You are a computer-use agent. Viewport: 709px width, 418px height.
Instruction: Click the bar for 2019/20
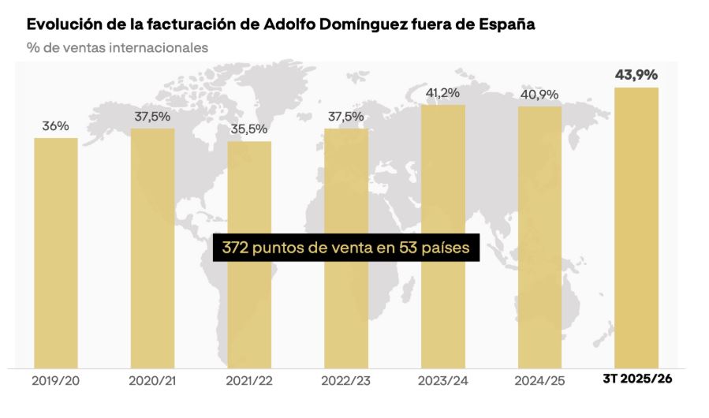56,252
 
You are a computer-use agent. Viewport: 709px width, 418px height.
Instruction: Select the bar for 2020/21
152,248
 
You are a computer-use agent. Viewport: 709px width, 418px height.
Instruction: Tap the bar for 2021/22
249,254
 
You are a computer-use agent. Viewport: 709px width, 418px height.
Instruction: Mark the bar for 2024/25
539,237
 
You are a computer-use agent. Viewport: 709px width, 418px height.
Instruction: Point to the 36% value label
56,125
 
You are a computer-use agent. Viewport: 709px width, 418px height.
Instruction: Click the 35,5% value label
249,129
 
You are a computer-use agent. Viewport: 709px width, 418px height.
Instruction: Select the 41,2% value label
442,93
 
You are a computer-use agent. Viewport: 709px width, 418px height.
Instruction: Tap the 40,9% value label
539,95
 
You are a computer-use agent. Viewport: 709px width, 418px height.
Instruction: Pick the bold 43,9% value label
636,75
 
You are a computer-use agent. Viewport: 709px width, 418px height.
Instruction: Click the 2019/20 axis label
56,380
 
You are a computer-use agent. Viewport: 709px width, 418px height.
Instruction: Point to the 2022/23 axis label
346,380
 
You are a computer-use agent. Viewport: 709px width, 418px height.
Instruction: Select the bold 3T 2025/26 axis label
636,379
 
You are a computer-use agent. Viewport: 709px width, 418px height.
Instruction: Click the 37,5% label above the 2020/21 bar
152,116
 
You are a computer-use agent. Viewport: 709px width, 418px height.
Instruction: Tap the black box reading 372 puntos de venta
346,248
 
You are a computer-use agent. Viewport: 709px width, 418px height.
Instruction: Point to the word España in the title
507,24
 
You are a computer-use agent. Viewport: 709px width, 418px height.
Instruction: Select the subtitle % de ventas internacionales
118,47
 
